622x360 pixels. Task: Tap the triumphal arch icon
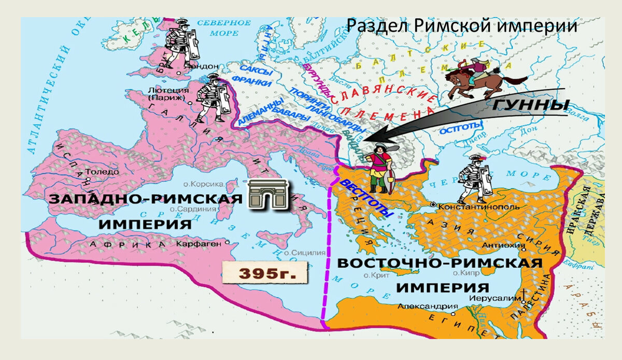[x=266, y=196]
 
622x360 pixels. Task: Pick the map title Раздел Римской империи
[x=461, y=26]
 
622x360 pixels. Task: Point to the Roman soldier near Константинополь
[x=475, y=179]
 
